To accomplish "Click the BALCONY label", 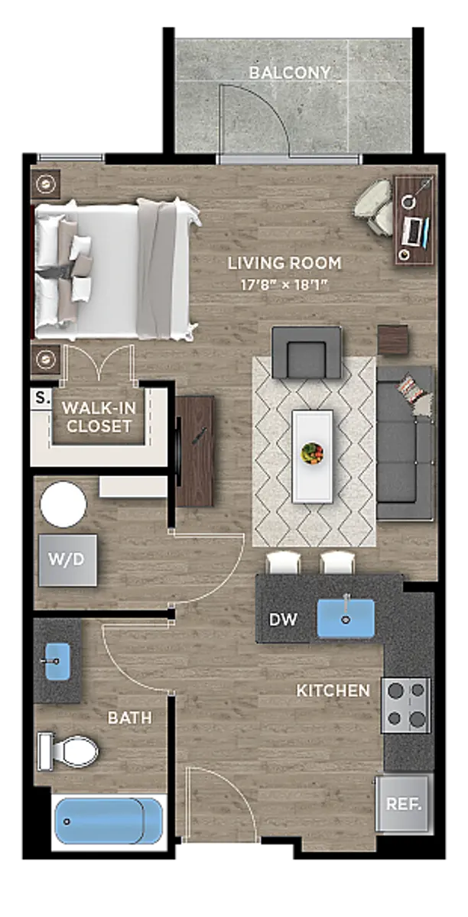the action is coord(289,73).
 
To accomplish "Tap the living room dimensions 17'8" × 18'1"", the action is coord(284,284).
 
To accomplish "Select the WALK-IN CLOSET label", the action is coord(99,416).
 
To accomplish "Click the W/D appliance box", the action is coord(67,560).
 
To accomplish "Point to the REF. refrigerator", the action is coord(404,804).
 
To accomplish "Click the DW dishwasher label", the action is coord(283,620).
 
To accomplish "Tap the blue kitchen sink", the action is coord(346,618).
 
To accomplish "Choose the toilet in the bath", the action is coord(67,752).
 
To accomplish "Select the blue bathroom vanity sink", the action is coord(57,661).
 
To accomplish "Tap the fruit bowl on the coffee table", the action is coord(312,452).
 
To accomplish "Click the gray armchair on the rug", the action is coord(307,352).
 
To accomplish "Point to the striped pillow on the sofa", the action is coord(411,389).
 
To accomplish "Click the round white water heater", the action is coord(63,504).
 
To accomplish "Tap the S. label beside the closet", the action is coord(42,397).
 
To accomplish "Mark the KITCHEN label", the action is coord(333,691).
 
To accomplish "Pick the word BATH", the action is coord(129,718).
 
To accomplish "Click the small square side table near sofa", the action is coord(393,340).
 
